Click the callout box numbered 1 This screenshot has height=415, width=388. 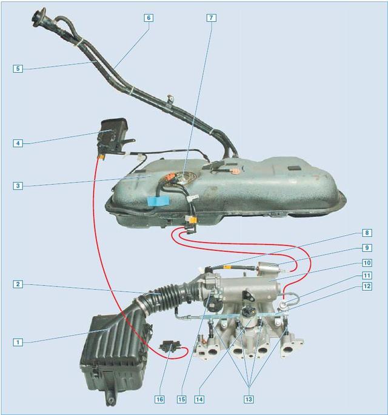pyautogui.click(x=18, y=342)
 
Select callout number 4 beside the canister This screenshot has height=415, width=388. pyautogui.click(x=18, y=143)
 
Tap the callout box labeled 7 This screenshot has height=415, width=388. pyautogui.click(x=211, y=18)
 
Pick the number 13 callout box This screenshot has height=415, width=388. pyautogui.click(x=249, y=399)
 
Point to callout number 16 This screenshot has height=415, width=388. pyautogui.click(x=159, y=399)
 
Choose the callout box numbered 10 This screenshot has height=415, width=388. pyautogui.click(x=367, y=263)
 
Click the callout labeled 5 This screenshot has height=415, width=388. pyautogui.click(x=18, y=68)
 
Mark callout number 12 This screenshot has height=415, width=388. pyautogui.click(x=367, y=286)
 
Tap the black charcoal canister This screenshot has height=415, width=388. pyautogui.click(x=114, y=136)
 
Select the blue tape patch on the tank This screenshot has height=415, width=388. pyautogui.click(x=158, y=201)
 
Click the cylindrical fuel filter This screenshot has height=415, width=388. pyautogui.click(x=267, y=267)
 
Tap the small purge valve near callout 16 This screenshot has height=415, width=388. pyautogui.click(x=170, y=346)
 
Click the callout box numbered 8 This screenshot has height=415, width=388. pyautogui.click(x=367, y=233)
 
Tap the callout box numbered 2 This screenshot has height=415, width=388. pyautogui.click(x=18, y=284)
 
